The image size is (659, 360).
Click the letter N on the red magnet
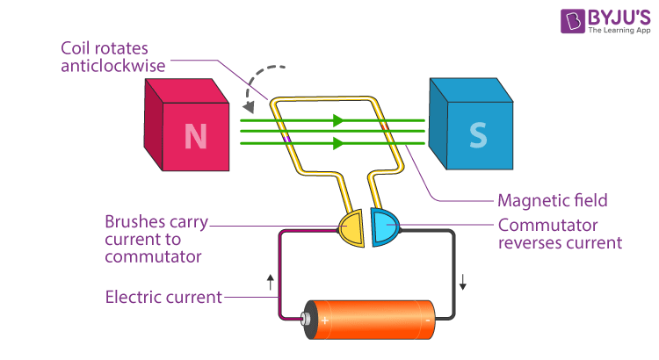coord(194,137)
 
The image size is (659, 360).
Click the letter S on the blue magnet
coord(477,134)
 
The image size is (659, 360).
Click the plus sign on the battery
coord(325,320)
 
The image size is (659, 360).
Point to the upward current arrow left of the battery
coord(270,282)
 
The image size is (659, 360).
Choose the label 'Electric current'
coord(163,297)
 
